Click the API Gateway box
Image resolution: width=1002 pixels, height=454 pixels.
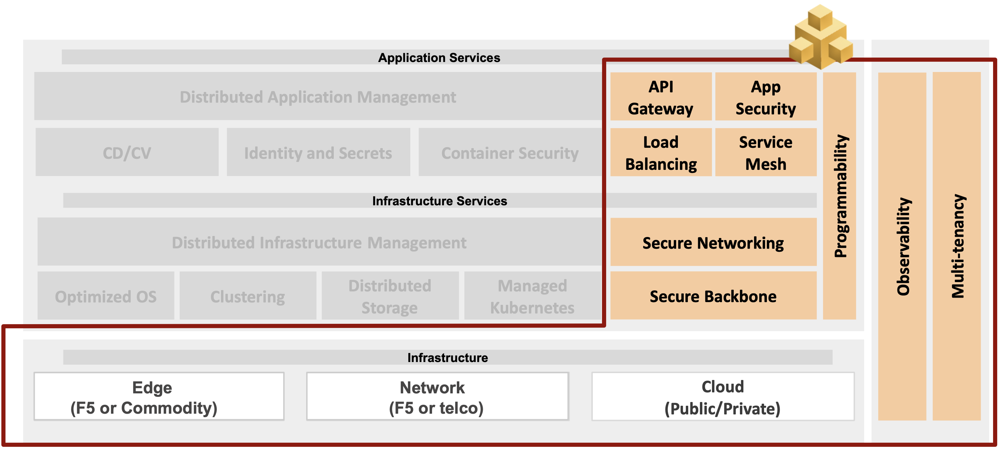pos(661,97)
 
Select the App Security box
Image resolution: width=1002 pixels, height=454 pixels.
pos(765,97)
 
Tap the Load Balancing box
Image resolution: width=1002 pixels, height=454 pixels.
pos(661,152)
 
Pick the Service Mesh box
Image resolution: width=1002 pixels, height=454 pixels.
pos(765,152)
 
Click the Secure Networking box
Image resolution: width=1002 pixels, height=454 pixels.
pos(713,242)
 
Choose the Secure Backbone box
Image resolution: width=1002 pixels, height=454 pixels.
pos(713,296)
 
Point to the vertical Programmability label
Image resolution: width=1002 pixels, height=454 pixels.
pos(840,196)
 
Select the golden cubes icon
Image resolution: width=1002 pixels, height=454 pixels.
pos(821,37)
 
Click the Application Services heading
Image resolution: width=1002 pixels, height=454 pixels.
pos(439,58)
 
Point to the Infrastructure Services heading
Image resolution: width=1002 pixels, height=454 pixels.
pos(439,200)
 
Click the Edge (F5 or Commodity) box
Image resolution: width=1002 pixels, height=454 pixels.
pos(159,397)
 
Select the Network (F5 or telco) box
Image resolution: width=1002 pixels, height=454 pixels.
pos(437,397)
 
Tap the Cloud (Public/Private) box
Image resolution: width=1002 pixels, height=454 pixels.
pos(723,397)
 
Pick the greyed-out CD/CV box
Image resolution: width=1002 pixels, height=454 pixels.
pos(127,152)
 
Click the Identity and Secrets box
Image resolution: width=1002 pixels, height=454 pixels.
pos(318,152)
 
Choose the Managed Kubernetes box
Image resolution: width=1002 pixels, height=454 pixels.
pos(532,296)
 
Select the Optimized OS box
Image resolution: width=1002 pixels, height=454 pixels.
pos(106,296)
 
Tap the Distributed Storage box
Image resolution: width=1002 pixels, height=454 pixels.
pos(390,296)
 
